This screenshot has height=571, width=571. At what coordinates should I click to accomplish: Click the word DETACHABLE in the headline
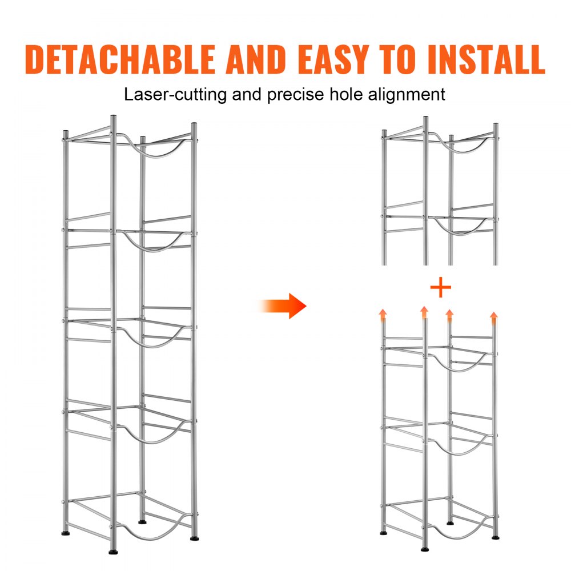120,58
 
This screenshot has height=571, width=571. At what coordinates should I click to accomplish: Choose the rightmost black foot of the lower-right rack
495,536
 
